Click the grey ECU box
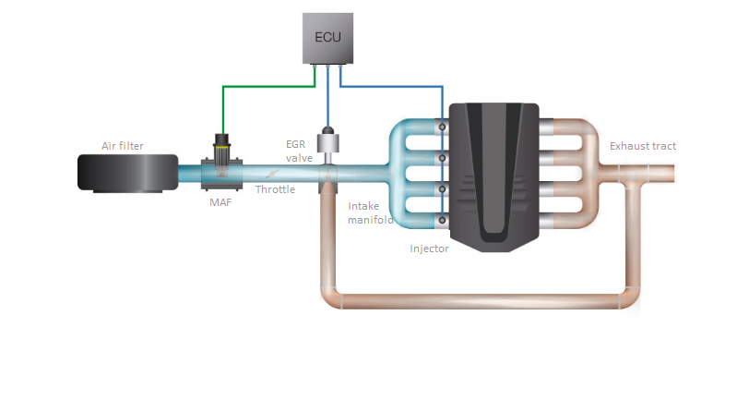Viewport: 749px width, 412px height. coord(327,38)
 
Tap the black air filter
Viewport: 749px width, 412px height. coord(128,173)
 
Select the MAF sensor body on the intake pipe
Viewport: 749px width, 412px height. coord(221,163)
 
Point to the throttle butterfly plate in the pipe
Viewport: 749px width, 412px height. coord(272,174)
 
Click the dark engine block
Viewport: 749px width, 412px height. coord(494,177)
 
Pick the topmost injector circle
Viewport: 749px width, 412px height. coord(443,127)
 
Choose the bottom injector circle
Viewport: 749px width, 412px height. coord(443,220)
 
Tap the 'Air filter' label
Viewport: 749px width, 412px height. coord(123,146)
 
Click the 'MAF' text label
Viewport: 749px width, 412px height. coord(220,202)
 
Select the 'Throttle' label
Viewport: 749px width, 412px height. coord(275,189)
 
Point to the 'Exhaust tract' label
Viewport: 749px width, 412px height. coord(643,146)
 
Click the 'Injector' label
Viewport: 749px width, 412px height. coord(430,248)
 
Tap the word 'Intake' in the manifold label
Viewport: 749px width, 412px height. coord(363,206)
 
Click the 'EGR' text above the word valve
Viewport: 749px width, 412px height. coord(295,144)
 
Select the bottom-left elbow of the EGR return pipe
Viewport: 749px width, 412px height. coord(330,297)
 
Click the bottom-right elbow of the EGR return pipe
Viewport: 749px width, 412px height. coord(630,297)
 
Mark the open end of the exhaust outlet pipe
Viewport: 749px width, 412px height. coord(673,174)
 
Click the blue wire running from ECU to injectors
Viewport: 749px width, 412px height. coord(392,87)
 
